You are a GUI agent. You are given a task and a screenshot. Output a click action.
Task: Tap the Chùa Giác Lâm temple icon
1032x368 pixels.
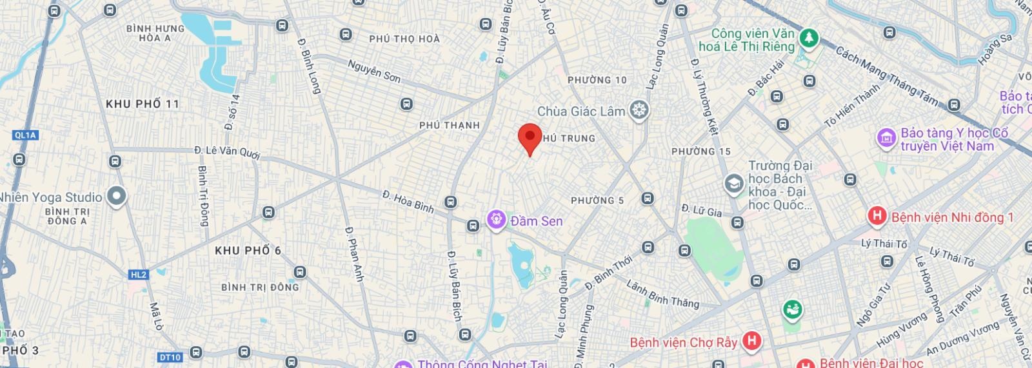click(639, 111)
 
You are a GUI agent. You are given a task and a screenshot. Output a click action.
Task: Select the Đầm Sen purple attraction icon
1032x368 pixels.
click(496, 220)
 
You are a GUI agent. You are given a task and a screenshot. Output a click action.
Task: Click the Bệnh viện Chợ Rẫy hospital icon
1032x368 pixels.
click(751, 341)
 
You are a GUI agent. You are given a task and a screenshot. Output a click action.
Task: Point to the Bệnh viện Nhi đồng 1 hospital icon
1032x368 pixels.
click(877, 217)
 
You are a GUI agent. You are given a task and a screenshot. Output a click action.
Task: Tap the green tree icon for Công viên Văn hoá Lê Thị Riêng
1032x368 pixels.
click(808, 39)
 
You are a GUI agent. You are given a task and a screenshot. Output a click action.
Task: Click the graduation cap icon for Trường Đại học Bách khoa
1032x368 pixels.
click(733, 184)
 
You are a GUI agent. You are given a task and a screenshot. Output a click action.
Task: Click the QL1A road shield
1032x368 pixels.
click(25, 135)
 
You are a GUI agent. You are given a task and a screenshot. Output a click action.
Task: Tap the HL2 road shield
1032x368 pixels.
click(139, 275)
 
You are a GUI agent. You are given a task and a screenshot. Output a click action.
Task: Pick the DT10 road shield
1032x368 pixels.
click(170, 357)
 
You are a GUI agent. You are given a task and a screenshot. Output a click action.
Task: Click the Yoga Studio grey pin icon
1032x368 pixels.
click(116, 197)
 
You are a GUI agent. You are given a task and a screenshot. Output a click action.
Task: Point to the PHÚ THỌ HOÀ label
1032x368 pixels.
click(404, 39)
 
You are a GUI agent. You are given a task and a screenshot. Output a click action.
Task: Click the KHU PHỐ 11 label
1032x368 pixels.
click(143, 104)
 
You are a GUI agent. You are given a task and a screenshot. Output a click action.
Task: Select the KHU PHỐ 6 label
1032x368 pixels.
click(248, 251)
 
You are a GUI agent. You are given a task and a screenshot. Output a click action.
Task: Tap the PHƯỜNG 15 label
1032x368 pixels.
click(701, 151)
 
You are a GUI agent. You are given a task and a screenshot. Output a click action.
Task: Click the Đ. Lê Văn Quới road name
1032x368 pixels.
click(227, 152)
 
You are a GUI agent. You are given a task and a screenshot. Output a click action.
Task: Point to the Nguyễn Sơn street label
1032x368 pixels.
click(374, 71)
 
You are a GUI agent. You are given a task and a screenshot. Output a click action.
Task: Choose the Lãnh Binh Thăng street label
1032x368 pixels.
click(662, 295)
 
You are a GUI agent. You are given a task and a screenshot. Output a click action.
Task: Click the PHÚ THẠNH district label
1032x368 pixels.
click(450, 125)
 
